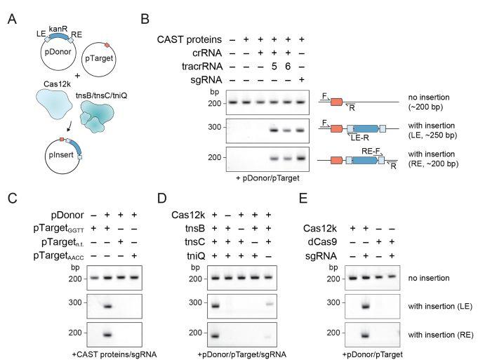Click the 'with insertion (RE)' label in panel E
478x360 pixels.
point(445,335)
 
